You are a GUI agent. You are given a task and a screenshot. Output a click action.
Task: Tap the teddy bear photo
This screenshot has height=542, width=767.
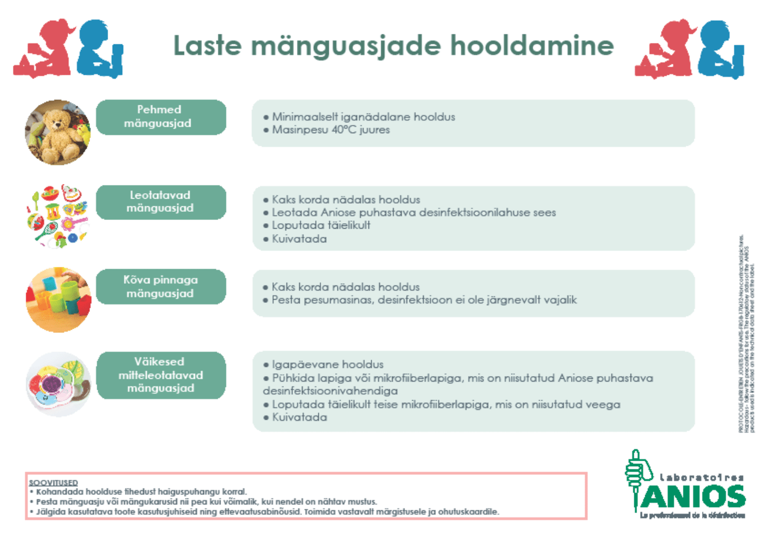point(58,133)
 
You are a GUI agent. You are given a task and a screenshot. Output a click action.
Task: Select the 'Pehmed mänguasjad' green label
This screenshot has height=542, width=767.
point(161,117)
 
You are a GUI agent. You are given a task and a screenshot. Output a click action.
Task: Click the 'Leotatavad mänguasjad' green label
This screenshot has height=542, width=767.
point(161,202)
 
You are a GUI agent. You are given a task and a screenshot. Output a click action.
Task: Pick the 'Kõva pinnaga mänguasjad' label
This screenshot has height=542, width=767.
point(161,287)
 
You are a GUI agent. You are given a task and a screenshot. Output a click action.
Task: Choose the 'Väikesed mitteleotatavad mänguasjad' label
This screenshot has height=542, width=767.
point(161,375)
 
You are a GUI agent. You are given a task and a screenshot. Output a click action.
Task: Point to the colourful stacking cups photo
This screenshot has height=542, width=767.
point(58,300)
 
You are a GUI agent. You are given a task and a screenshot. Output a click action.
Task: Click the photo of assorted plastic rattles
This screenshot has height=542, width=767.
point(58,216)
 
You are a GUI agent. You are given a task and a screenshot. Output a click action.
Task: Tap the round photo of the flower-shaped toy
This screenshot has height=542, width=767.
point(58,384)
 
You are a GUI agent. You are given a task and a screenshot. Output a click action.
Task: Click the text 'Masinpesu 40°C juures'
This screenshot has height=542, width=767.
point(331,130)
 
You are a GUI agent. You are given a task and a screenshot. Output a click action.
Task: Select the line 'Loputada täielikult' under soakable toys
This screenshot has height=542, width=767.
point(321,225)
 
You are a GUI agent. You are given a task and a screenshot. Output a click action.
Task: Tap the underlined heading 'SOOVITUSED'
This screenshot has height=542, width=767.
point(53,483)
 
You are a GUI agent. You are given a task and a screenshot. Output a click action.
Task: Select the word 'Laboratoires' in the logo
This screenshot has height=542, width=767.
point(701,478)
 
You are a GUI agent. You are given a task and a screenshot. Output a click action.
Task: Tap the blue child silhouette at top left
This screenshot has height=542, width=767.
point(100,49)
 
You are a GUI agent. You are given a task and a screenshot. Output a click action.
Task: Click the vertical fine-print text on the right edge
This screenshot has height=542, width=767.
point(747,333)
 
